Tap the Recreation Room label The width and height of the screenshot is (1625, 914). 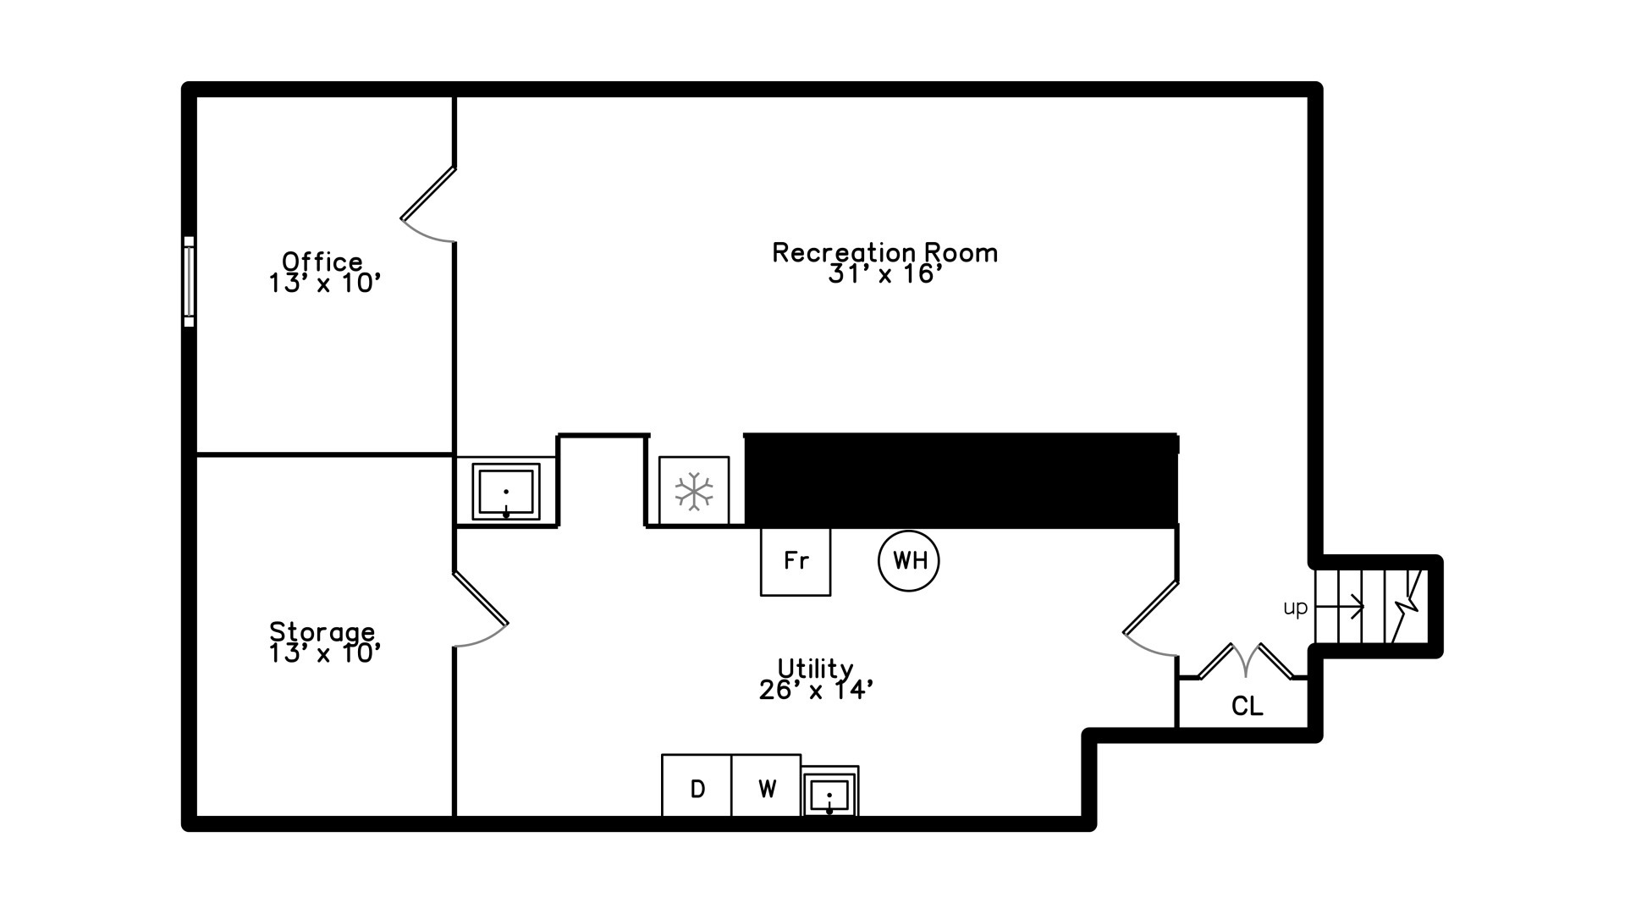pos(884,252)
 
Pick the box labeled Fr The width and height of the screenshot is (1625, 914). pos(796,561)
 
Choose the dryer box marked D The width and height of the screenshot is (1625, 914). pos(697,786)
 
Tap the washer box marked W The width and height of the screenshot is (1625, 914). pos(766,786)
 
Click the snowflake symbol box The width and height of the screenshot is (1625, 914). pos(694,491)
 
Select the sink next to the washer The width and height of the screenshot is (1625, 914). pos(829,792)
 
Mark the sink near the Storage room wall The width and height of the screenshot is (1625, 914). pos(506,492)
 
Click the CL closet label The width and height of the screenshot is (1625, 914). pos(1247,706)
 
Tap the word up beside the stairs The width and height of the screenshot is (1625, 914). pos(1296,608)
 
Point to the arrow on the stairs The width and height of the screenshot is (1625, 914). pos(1340,607)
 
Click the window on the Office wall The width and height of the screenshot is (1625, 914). pos(189,281)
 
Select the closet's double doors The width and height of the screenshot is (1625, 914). pos(1246,661)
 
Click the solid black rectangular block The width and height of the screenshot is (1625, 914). pos(961,480)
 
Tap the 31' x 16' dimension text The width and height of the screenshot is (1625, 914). pos(884,274)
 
